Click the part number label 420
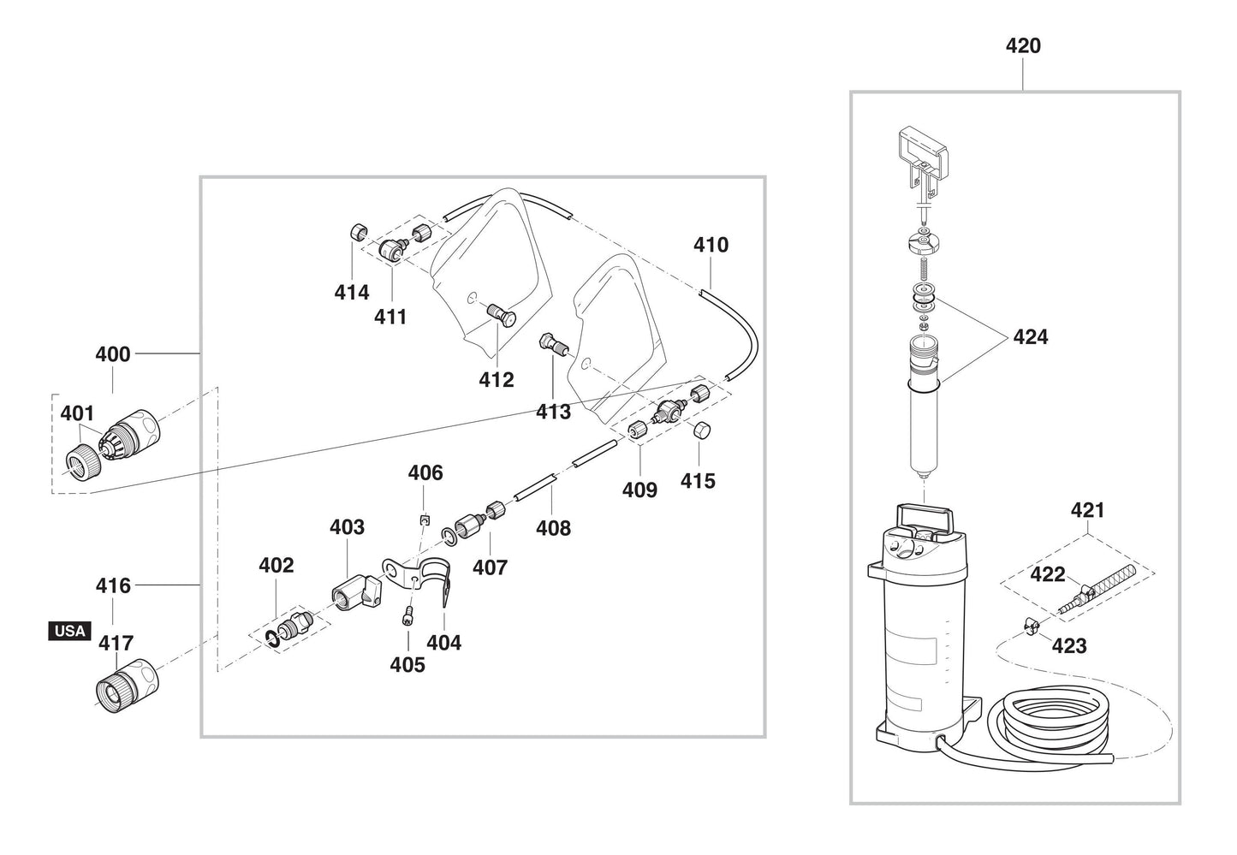(1023, 45)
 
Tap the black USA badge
(69, 631)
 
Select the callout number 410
(711, 246)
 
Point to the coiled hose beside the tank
(1048, 722)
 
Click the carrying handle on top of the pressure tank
(924, 519)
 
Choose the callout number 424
(1030, 337)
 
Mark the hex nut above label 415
(700, 430)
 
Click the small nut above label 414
(360, 232)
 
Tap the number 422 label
(1047, 574)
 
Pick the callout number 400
(113, 354)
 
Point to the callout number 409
(639, 490)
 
